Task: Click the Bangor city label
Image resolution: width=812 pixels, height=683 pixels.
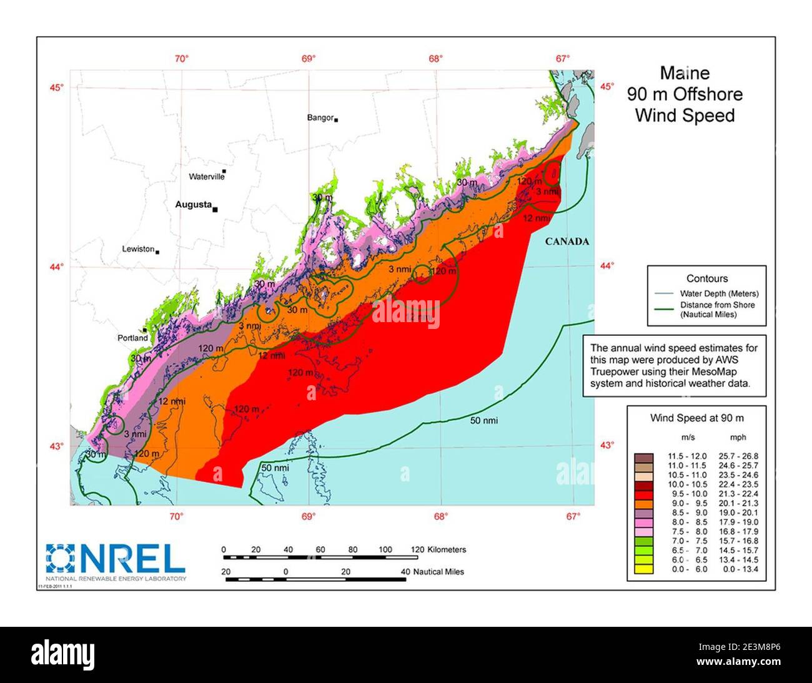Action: pos(320,117)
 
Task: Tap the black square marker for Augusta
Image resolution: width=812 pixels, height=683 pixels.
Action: pos(215,210)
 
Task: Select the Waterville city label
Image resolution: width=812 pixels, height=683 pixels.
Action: pos(206,177)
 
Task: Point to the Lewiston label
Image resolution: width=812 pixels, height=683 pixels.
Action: pos(138,249)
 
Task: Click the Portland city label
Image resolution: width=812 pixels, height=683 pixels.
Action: pos(132,338)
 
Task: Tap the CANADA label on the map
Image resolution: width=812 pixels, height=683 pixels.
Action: pos(567,242)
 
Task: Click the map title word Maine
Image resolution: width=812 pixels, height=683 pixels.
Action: pos(685,74)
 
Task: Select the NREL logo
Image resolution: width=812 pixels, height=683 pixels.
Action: pos(116,559)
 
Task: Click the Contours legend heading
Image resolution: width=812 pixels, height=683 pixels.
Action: pos(707,279)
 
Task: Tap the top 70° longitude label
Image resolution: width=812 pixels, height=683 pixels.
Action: pos(181,59)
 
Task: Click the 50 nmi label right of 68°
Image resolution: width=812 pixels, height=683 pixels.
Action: pos(484,420)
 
